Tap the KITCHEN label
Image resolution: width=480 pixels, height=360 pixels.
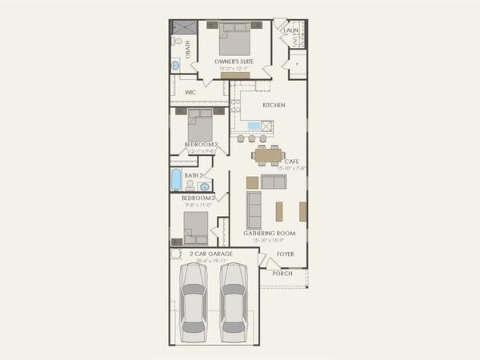274,106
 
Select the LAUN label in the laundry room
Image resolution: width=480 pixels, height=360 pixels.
290,30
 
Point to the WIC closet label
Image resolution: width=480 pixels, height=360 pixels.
190,93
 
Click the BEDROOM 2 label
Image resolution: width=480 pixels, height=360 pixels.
201,144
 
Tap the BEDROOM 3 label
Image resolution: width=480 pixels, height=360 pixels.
198,198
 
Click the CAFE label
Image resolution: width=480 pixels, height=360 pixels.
292,162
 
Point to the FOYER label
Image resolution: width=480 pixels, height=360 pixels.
286,254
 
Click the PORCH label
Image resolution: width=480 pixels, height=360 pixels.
282,273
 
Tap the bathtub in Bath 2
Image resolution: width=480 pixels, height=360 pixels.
176,179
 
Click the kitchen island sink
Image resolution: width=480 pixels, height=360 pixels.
254,126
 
